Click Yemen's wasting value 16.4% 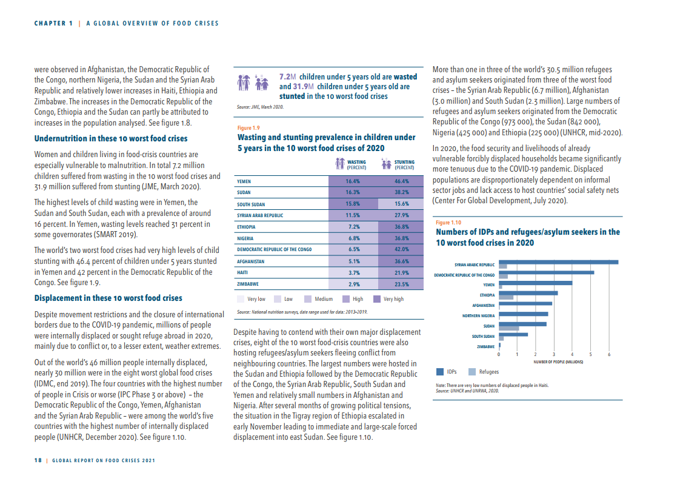pos(352,181)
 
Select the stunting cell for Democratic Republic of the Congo pos(401,249)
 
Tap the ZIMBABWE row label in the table pos(248,284)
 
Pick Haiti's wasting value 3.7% pos(353,272)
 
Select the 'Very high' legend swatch pos(377,299)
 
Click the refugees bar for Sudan pos(509,328)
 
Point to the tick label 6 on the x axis pos(609,354)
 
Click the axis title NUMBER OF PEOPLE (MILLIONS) pos(558,362)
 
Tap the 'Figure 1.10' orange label pos(448,223)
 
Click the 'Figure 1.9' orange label pos(248,128)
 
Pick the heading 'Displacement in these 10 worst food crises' pos(108,298)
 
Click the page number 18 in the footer pos(38,460)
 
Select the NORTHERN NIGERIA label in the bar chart pos(478,316)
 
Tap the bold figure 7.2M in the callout pos(287,77)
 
